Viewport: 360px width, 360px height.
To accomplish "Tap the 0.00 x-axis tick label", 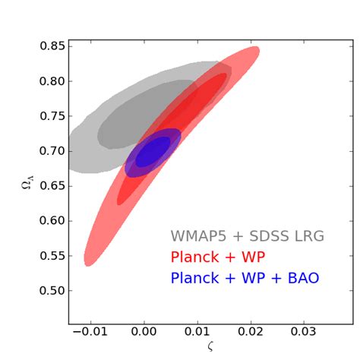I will [x=144, y=333].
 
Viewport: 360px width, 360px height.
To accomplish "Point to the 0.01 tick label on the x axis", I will [x=197, y=333].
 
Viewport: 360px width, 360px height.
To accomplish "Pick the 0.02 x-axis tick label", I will [x=251, y=333].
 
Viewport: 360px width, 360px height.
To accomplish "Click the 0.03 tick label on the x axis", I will [x=304, y=333].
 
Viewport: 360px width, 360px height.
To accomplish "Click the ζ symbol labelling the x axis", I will [x=210, y=348].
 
